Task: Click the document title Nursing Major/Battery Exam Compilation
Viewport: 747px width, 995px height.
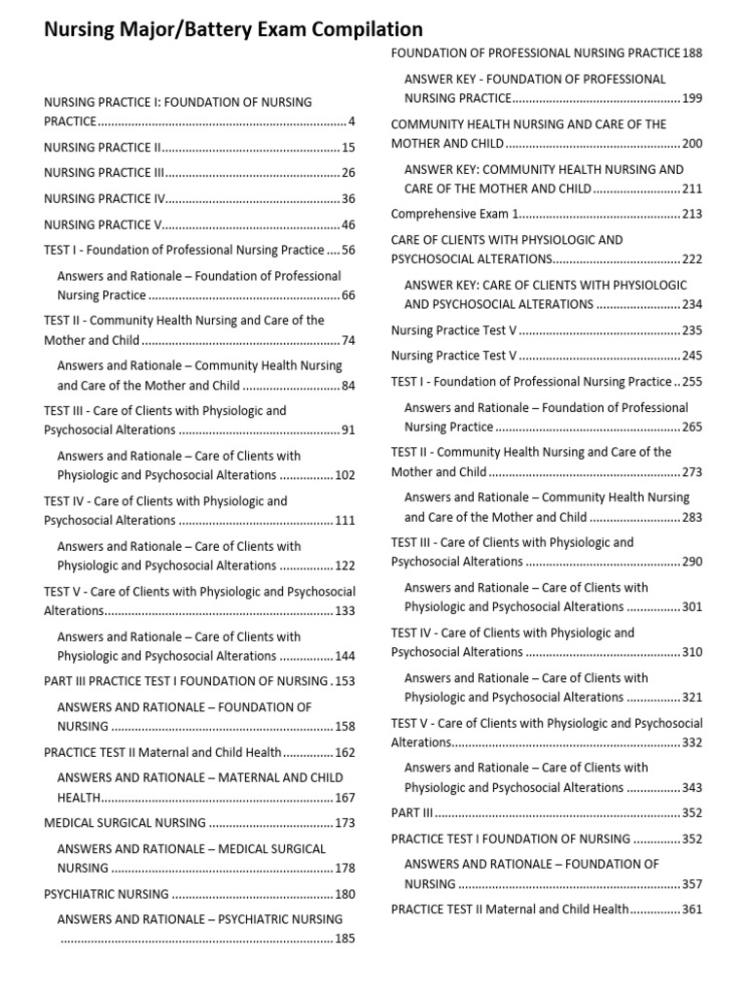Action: click(233, 30)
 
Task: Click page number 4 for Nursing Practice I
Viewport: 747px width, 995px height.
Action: click(352, 121)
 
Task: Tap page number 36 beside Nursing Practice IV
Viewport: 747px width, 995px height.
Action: click(348, 199)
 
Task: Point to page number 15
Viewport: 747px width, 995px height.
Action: click(348, 148)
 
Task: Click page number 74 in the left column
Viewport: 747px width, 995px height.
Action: click(348, 341)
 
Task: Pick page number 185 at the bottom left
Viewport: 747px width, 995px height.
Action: click(345, 939)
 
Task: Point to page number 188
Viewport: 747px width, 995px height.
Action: click(692, 53)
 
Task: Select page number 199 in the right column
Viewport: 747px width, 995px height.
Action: click(692, 98)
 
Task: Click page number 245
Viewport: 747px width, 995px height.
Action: click(692, 356)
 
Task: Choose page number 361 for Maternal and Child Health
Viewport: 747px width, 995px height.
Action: click(692, 910)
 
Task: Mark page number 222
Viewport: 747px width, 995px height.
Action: click(692, 259)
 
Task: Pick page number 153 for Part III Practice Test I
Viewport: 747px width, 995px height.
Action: click(345, 681)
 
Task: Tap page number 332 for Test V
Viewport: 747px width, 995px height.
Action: click(692, 742)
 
